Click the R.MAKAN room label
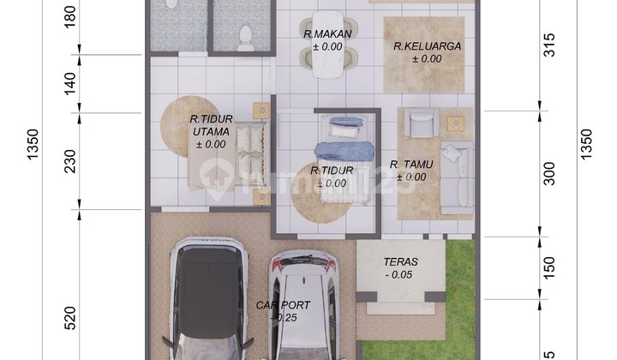click(x=323, y=33)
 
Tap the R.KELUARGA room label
click(x=417, y=46)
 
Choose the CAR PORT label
click(x=284, y=304)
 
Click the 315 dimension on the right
click(x=549, y=45)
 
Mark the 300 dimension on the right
click(x=549, y=173)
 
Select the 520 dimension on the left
click(x=70, y=318)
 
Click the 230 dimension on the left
click(x=70, y=160)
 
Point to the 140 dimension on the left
click(x=70, y=83)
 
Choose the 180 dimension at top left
click(x=70, y=17)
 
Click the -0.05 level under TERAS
click(x=400, y=275)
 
